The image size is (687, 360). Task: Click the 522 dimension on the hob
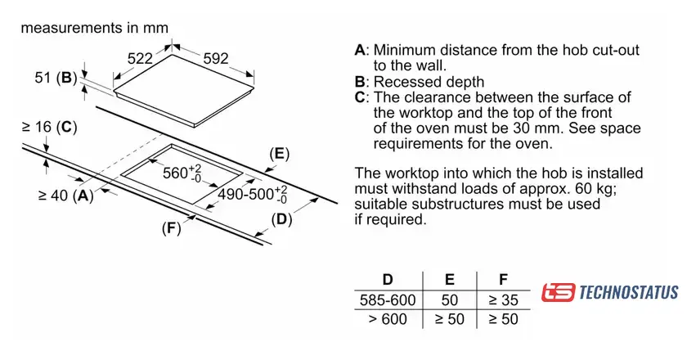tap(140, 59)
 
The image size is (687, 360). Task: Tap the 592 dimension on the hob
tap(214, 59)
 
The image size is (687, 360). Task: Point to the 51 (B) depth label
tap(56, 79)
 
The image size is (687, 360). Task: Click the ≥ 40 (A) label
tap(65, 196)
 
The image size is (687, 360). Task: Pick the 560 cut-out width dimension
tap(182, 173)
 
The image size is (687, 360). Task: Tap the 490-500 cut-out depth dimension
tap(253, 194)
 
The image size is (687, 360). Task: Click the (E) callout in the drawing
tap(280, 154)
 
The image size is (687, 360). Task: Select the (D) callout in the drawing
tap(281, 218)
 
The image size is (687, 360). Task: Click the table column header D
tap(387, 279)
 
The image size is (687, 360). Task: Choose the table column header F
tap(502, 279)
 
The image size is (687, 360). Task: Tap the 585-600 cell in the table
tap(388, 299)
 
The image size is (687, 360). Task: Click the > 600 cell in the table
tap(388, 319)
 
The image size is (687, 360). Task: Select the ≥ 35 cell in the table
tap(502, 299)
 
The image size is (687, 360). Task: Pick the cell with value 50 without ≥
tap(449, 299)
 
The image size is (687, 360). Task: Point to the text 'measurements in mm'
tap(94, 28)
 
